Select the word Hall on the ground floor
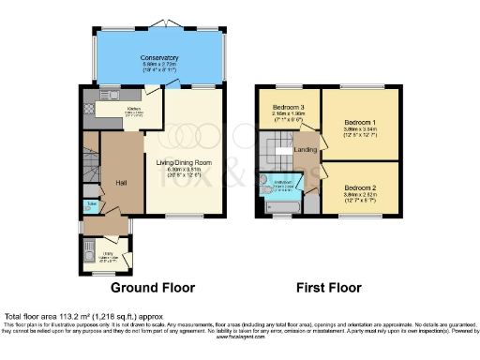pyautogui.click(x=121, y=181)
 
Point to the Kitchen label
pyautogui.click(x=133, y=108)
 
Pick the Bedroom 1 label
pyautogui.click(x=359, y=123)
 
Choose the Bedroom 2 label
pyautogui.click(x=359, y=188)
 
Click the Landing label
pyautogui.click(x=305, y=149)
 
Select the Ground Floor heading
pyautogui.click(x=153, y=287)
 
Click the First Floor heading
pyautogui.click(x=328, y=287)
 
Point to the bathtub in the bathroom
pyautogui.click(x=281, y=205)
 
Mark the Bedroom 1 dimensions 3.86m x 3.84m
pyautogui.click(x=359, y=130)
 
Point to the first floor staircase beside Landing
pyautogui.click(x=279, y=149)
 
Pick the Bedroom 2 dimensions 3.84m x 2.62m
pyautogui.click(x=359, y=196)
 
